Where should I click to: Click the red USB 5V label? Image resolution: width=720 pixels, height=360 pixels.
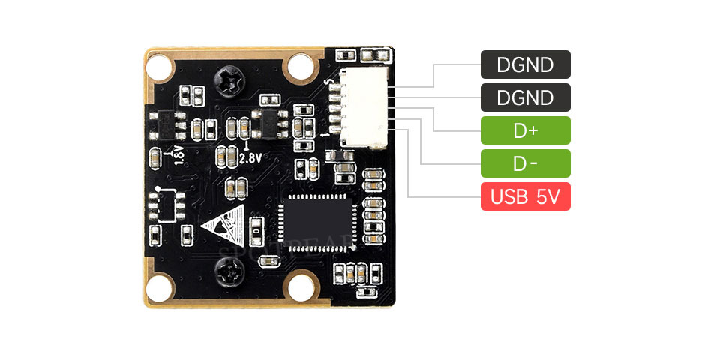click(525, 196)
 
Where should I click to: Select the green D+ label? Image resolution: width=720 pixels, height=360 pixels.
click(525, 130)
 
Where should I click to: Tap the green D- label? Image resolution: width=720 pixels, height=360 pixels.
click(525, 163)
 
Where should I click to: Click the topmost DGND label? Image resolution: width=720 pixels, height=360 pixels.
click(525, 64)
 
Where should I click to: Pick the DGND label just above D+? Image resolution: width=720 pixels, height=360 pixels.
click(525, 97)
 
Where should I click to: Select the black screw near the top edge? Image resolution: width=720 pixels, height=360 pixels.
click(227, 76)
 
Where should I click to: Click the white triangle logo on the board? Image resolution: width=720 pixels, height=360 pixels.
click(226, 225)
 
